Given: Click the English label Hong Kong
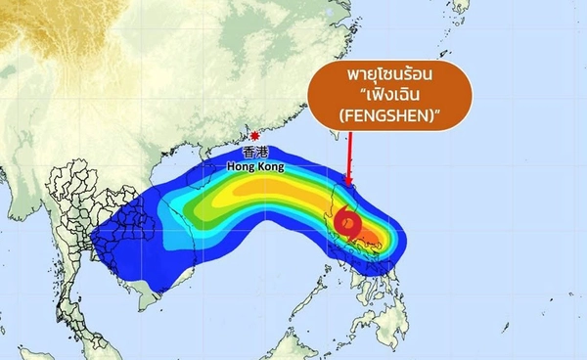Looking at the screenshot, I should pyautogui.click(x=252, y=166).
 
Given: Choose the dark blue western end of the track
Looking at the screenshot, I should pyautogui.click(x=108, y=240).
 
